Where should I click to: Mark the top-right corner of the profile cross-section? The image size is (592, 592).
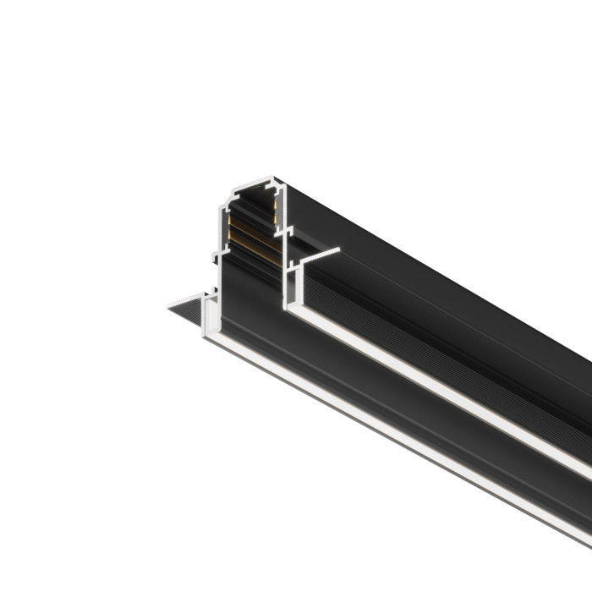point(283,179)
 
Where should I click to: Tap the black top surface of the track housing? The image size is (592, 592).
point(423,254)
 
